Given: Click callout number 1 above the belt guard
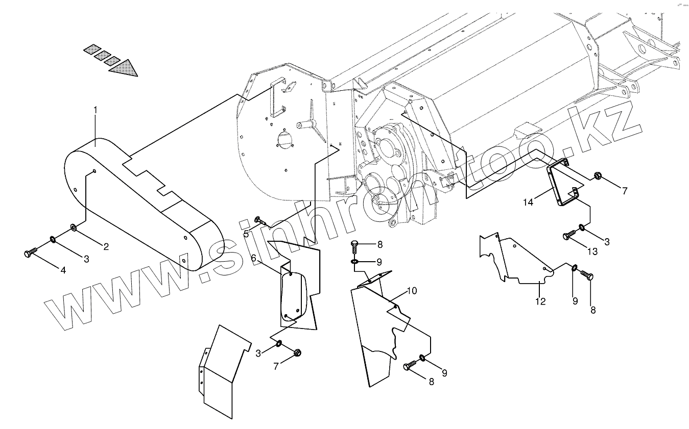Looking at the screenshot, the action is point(94,110).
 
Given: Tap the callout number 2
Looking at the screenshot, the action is point(106,247).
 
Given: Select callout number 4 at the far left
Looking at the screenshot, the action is point(63,270).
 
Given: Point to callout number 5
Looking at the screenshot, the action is point(246,234).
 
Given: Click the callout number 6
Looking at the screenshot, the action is point(253,259).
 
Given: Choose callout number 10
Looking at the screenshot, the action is point(412,291).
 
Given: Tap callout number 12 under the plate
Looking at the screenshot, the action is point(540,301).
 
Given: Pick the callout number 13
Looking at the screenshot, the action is point(591,251).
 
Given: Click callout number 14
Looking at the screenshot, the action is point(528,203).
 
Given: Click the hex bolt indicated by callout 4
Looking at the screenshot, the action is point(30,253).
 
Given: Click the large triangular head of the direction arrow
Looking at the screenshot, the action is point(126,68).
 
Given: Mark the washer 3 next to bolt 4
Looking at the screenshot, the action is point(53,239).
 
